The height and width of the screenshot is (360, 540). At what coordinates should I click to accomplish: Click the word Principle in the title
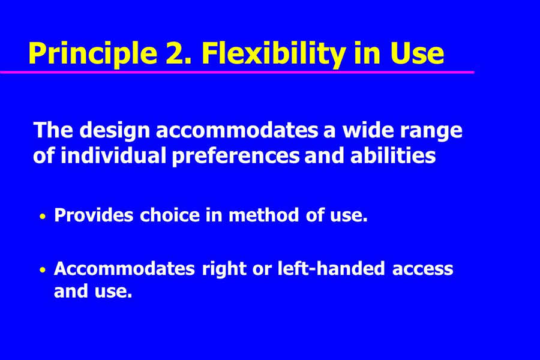point(92,54)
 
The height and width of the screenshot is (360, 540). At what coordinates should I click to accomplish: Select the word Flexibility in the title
point(273,54)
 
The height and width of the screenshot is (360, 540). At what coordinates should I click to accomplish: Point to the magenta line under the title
point(237,72)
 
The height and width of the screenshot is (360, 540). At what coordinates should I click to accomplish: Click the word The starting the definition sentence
point(53,130)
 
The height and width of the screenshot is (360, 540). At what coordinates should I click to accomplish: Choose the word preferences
point(236,157)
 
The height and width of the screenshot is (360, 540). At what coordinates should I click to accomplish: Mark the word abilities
point(393,155)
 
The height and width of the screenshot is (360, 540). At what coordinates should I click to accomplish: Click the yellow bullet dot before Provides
point(43,217)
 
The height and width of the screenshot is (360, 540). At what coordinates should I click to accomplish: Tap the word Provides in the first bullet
point(94,215)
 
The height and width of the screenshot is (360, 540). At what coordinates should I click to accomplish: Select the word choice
point(170,215)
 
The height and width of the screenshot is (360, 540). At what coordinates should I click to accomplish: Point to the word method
point(264,215)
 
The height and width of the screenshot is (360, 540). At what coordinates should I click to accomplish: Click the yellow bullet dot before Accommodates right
point(43,270)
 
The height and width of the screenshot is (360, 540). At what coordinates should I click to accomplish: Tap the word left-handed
point(331,268)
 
